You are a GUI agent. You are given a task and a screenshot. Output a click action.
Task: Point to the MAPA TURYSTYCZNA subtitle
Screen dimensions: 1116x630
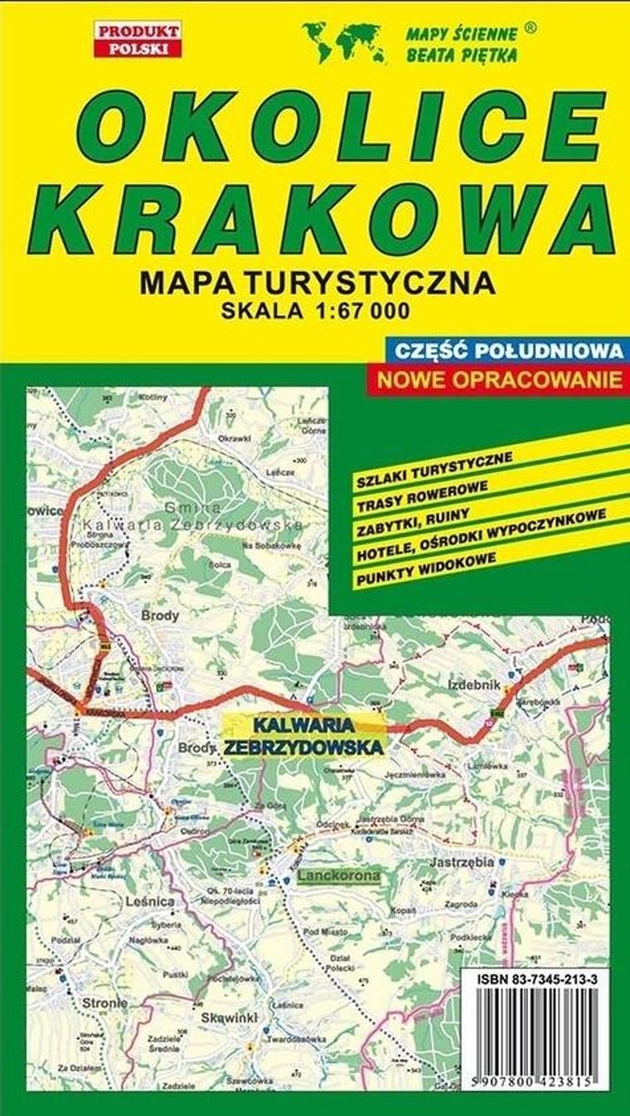click(x=318, y=283)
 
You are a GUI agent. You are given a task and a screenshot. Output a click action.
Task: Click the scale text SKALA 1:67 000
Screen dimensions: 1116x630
click(x=315, y=312)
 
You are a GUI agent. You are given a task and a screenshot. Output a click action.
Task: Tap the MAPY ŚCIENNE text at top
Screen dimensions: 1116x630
click(x=461, y=34)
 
